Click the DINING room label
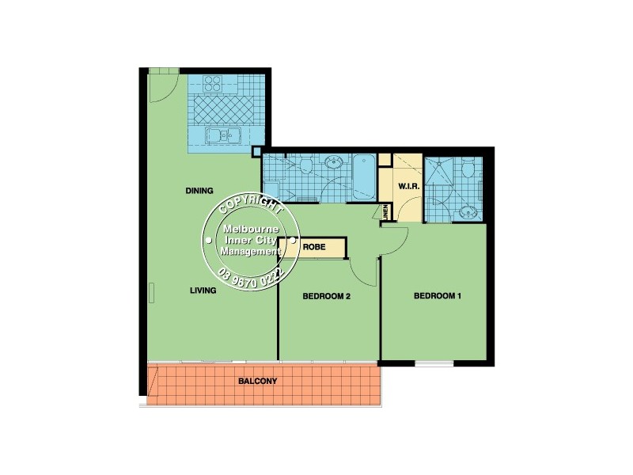click(199, 191)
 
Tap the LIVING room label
click(203, 291)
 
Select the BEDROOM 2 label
click(326, 297)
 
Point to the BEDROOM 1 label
click(437, 297)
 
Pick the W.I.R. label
click(408, 187)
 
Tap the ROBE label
click(314, 246)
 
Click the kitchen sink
click(223, 137)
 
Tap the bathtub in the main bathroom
click(365, 178)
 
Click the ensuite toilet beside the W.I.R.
click(468, 169)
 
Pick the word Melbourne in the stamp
click(248, 230)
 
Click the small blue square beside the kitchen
click(256, 153)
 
